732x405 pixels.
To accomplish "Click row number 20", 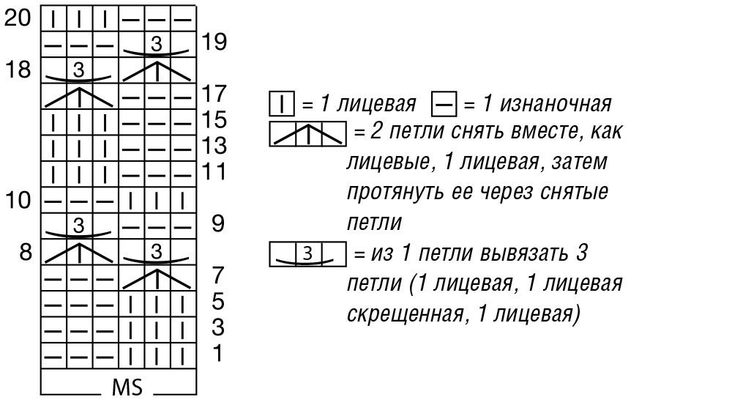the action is (18, 18).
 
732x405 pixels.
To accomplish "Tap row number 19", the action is (214, 42).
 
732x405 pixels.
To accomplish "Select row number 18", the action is (18, 70).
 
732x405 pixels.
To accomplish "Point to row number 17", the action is (214, 94).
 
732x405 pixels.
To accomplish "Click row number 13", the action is (214, 146).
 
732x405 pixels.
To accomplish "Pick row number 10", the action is (18, 200).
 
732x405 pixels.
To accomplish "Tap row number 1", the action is (217, 354).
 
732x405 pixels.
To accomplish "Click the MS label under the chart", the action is (127, 387).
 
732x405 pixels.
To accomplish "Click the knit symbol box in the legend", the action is (282, 104).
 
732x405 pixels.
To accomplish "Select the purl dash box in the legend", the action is (444, 104).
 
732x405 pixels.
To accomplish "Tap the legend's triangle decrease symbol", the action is (307, 134).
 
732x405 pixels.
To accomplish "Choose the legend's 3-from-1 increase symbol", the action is (307, 254).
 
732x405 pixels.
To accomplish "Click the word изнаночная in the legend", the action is (556, 104).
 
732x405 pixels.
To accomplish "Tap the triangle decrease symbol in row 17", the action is (79, 97).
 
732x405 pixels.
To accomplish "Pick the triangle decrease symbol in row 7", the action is (157, 278).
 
